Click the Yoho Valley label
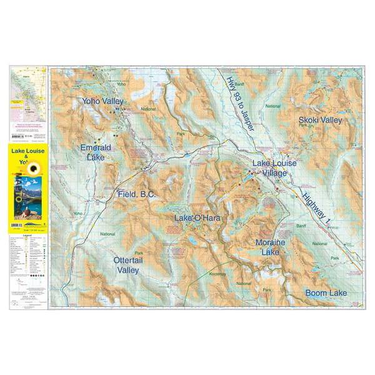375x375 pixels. (x=103, y=101)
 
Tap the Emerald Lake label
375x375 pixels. (x=96, y=152)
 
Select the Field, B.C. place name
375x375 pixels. (x=136, y=194)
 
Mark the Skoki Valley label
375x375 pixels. (x=321, y=120)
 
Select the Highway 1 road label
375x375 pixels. (x=318, y=210)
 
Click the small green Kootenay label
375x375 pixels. (x=217, y=274)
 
